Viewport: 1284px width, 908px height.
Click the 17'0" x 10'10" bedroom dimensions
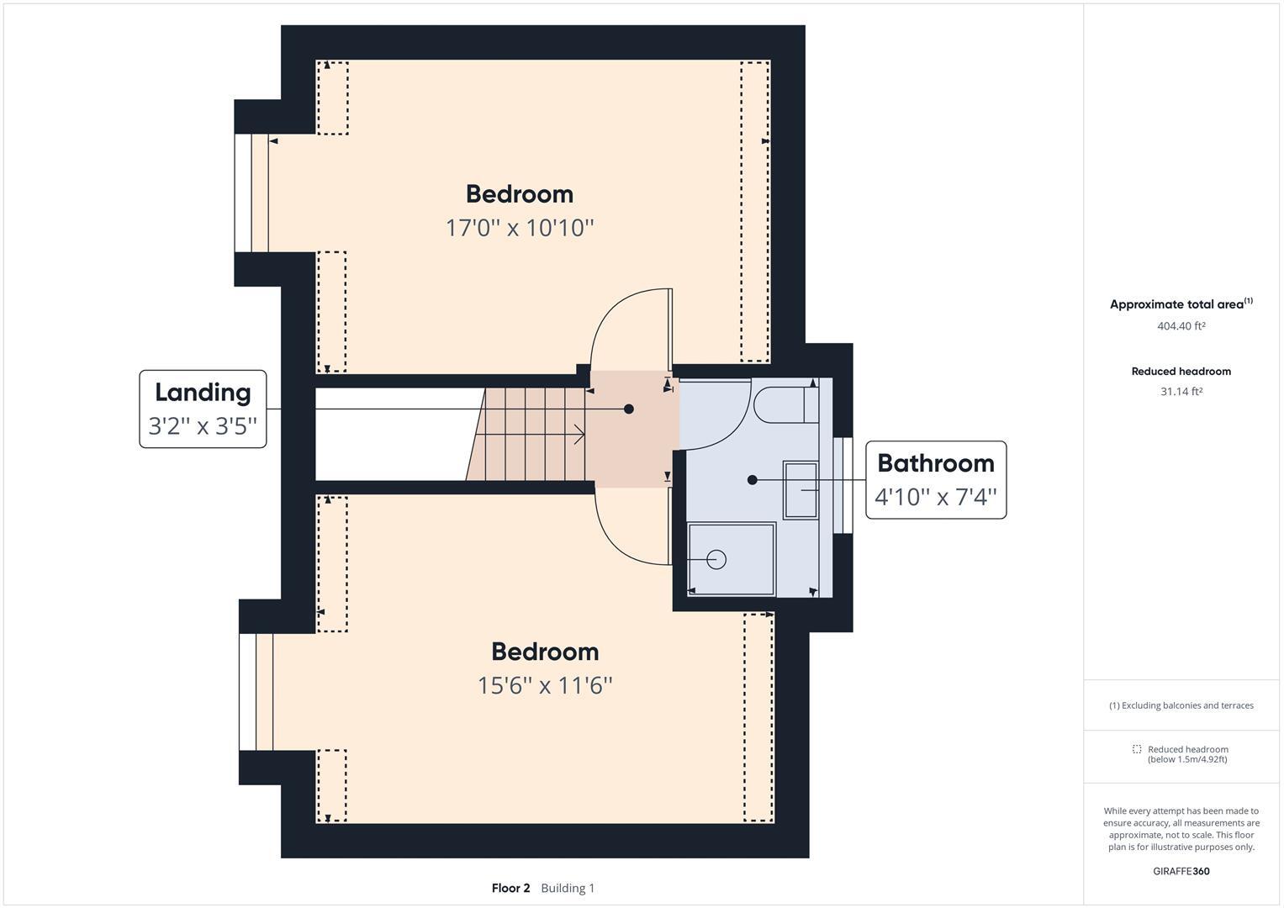coord(520,228)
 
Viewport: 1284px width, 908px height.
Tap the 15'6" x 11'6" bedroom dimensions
coord(545,685)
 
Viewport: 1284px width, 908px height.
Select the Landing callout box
coord(203,409)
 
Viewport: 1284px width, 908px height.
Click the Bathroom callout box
coord(935,479)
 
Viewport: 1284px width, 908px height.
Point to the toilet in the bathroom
coord(782,404)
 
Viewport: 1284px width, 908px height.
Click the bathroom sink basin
coord(800,489)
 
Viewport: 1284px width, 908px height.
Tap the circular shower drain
coord(716,559)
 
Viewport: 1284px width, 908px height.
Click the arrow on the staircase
coord(579,434)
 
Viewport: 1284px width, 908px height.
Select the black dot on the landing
coord(629,409)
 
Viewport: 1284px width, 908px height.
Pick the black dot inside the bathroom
coord(753,480)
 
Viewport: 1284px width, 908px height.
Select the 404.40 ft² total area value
coord(1181,326)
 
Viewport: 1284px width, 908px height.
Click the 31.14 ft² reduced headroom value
coord(1181,392)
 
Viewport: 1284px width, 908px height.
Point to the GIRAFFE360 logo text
coord(1181,871)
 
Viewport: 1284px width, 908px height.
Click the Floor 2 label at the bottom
coord(510,888)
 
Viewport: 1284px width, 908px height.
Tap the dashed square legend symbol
coord(1137,749)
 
